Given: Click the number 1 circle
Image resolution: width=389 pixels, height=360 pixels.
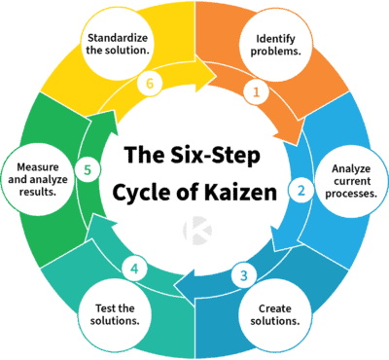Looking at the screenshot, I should click(x=257, y=92).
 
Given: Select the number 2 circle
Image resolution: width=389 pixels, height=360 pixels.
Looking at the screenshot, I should click(x=301, y=191).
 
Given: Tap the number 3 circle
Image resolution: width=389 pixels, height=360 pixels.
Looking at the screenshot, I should click(x=245, y=275).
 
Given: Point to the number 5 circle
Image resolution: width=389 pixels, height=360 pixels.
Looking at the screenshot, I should click(x=88, y=171).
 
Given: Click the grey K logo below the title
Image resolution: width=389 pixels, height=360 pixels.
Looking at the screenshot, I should click(x=194, y=230).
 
